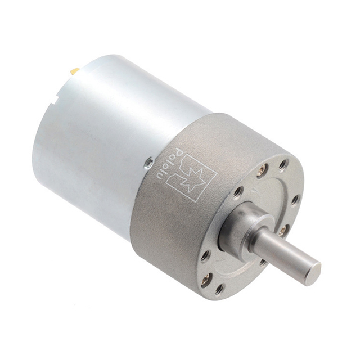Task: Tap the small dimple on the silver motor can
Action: click(x=149, y=163)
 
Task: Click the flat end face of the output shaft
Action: click(x=315, y=274)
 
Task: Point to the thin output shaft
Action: click(x=287, y=254)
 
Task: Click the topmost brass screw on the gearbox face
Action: click(x=262, y=169)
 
